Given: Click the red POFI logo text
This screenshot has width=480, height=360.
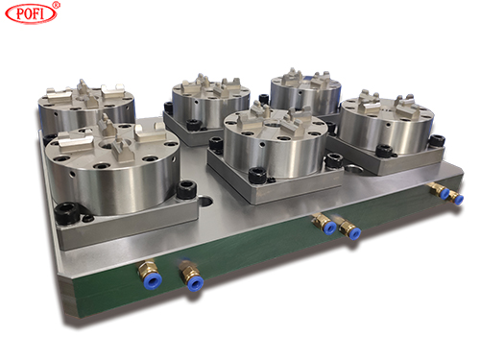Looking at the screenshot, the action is point(31,13).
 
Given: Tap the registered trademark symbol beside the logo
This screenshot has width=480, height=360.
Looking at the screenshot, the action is point(56,5).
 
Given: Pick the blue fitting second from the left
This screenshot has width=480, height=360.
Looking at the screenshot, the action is point(195,283).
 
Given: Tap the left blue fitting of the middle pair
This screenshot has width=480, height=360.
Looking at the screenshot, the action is point(330,228).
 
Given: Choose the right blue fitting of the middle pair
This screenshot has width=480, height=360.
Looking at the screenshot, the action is point(354,233).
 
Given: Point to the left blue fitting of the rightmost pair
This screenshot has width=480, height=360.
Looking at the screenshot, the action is point(444,193).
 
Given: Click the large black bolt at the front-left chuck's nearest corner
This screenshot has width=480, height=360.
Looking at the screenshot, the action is point(67,212).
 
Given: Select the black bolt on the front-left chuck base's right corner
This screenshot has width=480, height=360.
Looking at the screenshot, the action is point(186,189).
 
